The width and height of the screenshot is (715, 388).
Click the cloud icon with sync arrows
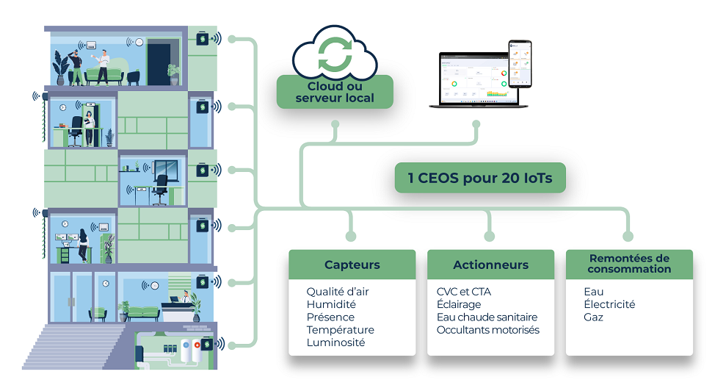[x=333, y=52]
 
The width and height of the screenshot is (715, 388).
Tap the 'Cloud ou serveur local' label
[x=335, y=93]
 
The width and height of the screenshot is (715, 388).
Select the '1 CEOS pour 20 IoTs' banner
[x=480, y=178]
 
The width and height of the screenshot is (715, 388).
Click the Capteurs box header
[x=352, y=265]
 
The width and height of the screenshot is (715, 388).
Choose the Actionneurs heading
[x=490, y=265]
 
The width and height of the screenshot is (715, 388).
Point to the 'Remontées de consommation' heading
[x=629, y=264]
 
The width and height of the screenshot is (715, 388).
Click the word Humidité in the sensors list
[x=331, y=304]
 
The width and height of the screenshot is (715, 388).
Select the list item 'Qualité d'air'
[x=338, y=292]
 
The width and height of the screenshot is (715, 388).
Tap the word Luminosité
[x=335, y=342]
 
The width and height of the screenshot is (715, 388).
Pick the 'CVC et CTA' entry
[x=464, y=292]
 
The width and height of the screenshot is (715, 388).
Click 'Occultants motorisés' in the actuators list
[x=488, y=330]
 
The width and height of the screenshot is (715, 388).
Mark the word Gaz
[x=593, y=317]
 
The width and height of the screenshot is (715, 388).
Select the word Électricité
[x=609, y=304]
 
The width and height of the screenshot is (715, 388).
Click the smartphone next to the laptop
[x=520, y=64]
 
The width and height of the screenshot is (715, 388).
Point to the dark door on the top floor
[x=158, y=63]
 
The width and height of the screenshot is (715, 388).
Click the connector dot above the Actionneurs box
[x=490, y=237]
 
